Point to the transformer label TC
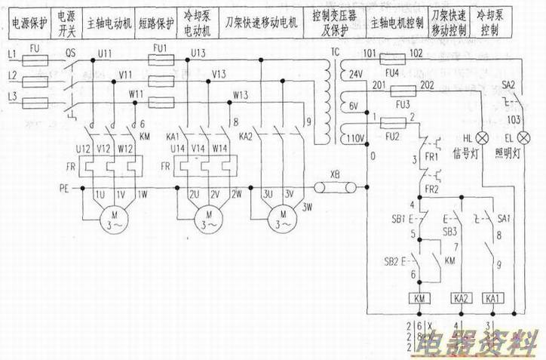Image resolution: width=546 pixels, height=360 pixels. coord(335,54)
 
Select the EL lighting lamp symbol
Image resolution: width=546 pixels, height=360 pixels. coord(519,138)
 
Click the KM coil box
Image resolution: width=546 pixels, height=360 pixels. coord(421,297)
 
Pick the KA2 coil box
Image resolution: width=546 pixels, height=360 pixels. coord(461,297)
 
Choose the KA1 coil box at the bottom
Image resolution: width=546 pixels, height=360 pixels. coord(494,297)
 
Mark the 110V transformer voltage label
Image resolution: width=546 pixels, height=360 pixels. coord(354,139)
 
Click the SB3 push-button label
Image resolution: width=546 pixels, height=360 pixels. coord(450,230)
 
